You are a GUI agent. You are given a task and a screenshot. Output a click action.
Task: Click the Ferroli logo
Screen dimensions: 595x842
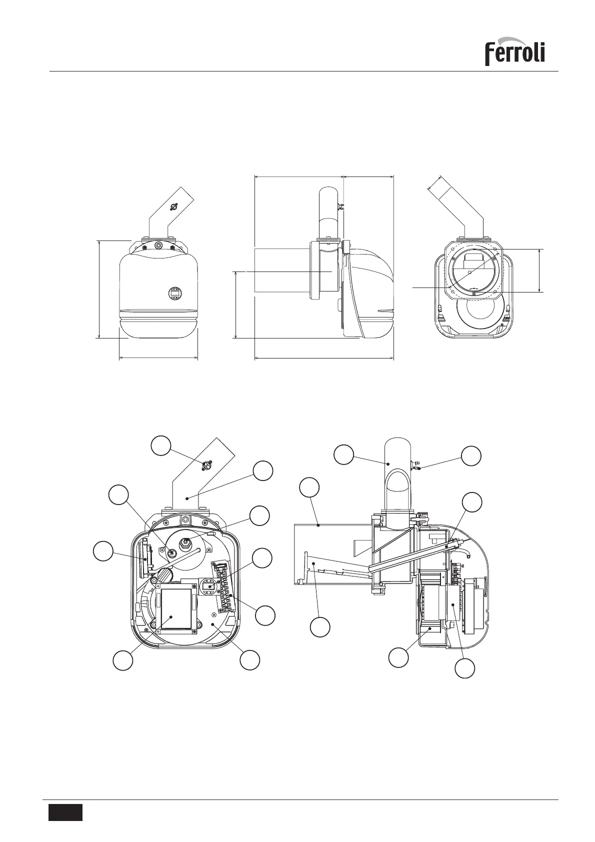click(514, 51)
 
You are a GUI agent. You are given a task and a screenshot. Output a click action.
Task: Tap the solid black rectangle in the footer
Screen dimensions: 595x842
click(65, 812)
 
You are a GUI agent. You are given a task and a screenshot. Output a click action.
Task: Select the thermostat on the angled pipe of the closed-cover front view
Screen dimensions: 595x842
click(173, 206)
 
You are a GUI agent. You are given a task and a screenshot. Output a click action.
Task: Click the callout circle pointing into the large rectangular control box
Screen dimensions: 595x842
click(122, 660)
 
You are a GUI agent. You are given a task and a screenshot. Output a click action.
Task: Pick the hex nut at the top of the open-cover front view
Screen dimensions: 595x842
click(185, 518)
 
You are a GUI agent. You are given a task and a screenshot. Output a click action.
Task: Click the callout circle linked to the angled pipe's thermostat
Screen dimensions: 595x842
click(161, 445)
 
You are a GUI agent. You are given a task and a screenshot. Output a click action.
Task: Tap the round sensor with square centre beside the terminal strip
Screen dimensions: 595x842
click(209, 585)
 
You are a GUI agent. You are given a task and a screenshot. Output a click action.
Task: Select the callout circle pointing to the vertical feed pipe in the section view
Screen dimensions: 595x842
click(344, 454)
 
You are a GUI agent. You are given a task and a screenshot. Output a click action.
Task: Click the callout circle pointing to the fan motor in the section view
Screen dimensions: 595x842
click(465, 668)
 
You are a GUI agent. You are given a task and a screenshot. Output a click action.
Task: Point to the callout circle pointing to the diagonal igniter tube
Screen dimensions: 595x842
click(471, 502)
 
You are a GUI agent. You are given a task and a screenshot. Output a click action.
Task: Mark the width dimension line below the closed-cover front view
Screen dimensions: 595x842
click(158, 358)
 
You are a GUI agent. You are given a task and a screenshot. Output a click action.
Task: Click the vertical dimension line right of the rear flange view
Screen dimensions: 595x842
click(539, 270)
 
